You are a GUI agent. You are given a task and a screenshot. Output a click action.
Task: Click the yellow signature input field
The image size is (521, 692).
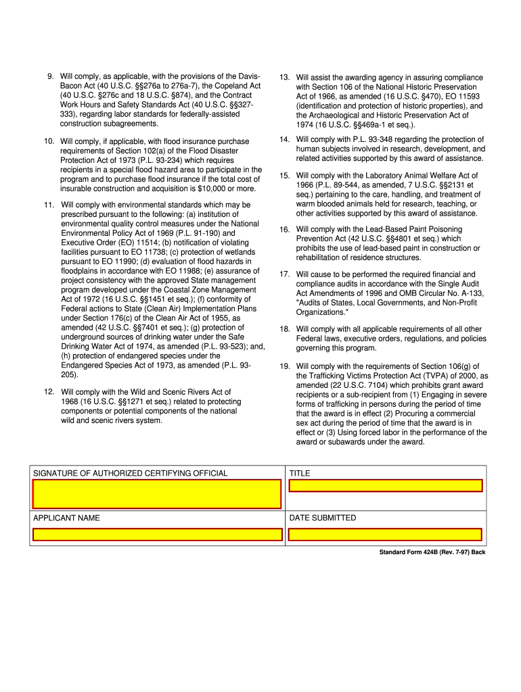tap(157, 494)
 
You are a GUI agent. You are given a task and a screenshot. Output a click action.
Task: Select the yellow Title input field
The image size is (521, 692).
tap(385, 485)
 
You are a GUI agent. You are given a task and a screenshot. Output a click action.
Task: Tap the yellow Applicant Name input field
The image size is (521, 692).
tap(157, 535)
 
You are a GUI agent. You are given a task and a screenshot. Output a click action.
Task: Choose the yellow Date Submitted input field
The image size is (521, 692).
tap(385, 535)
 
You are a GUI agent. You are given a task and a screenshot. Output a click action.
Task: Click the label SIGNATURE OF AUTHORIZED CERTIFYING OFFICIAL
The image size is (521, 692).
tap(131, 473)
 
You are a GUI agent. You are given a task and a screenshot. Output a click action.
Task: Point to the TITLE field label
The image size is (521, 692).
tap(300, 473)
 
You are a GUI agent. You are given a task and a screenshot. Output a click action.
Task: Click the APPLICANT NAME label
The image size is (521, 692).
tap(66, 518)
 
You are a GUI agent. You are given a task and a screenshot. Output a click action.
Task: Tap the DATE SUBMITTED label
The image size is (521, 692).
tap(323, 518)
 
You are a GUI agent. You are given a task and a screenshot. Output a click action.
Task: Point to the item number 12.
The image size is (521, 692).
tap(49, 392)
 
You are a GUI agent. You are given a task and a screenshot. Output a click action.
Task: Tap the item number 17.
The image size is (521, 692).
tap(284, 274)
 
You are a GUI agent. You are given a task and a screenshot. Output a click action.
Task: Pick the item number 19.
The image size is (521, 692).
tap(284, 366)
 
